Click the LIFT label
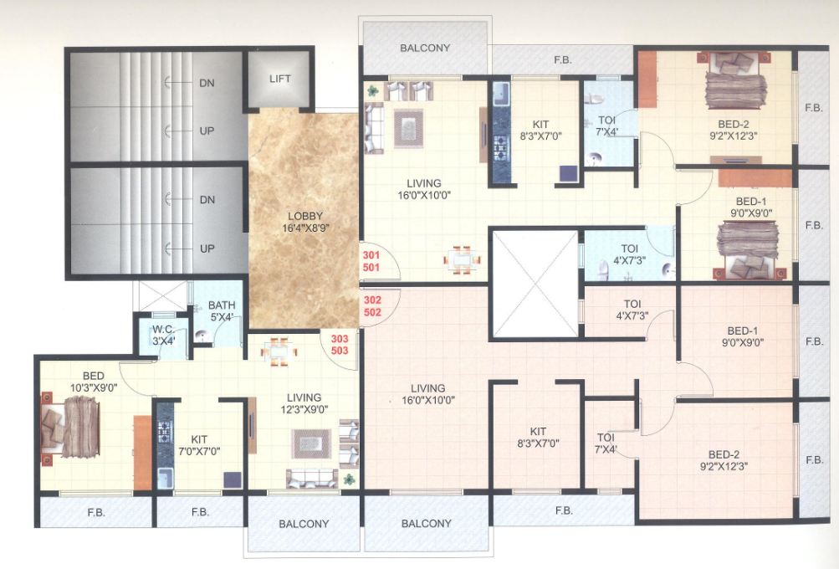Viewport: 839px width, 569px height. (x=279, y=79)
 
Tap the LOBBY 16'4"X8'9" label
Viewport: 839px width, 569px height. (x=302, y=222)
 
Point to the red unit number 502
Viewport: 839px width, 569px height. (x=372, y=311)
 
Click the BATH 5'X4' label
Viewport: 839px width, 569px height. (x=222, y=311)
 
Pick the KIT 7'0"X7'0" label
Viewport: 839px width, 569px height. (x=199, y=444)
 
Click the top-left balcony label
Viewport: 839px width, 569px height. (x=424, y=49)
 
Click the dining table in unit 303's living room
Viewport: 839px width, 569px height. (x=278, y=351)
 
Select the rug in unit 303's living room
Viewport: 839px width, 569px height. (x=311, y=443)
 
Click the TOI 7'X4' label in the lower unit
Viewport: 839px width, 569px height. (x=606, y=443)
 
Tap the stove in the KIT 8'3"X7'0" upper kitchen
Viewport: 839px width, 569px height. (x=501, y=146)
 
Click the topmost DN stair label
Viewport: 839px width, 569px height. (x=207, y=83)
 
